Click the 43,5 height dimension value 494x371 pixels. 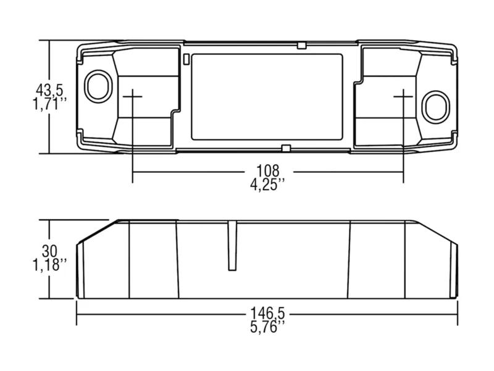pyautogui.click(x=49, y=90)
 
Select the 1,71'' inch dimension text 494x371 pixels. pyautogui.click(x=50, y=104)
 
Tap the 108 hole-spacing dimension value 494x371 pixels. pyautogui.click(x=268, y=171)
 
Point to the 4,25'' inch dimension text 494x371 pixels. pyautogui.click(x=268, y=184)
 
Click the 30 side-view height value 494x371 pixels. pyautogui.click(x=49, y=251)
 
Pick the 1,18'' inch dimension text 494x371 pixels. pyautogui.click(x=50, y=265)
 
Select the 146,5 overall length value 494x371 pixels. pyautogui.click(x=267, y=314)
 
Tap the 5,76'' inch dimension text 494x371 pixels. pyautogui.click(x=268, y=327)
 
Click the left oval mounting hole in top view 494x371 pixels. pyautogui.click(x=98, y=86)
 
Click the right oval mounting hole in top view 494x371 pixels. pyautogui.click(x=435, y=107)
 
